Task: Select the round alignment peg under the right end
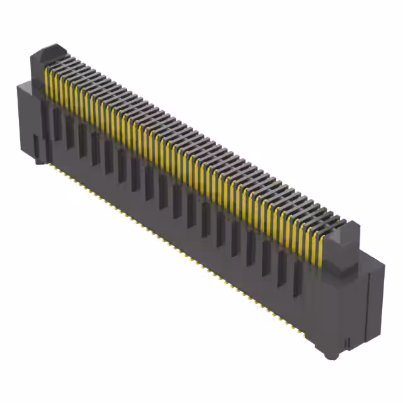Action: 329,354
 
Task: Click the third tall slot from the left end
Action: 82,138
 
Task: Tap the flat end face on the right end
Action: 372,302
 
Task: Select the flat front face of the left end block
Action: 28,123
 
